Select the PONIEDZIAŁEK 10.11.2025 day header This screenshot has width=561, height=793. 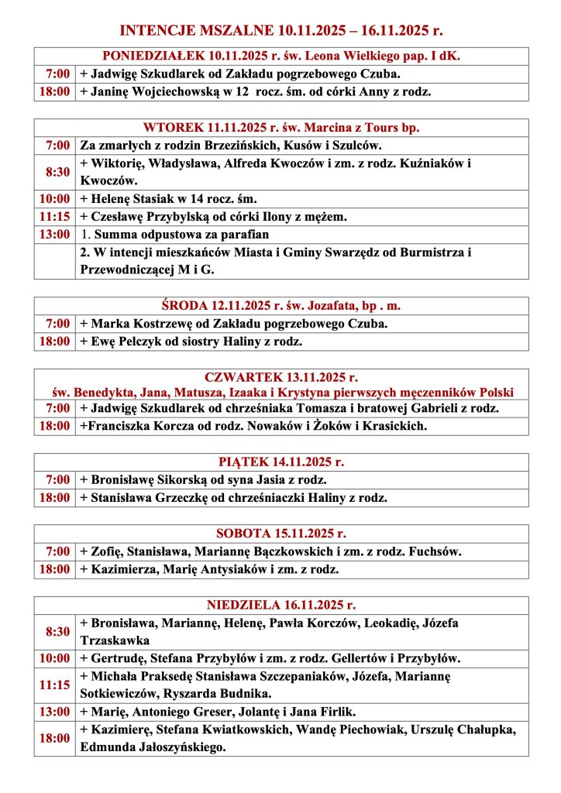(281, 57)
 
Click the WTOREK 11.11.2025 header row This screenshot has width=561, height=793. (281, 128)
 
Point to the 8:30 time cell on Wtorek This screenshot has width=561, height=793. (56, 172)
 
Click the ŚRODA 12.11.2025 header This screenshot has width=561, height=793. (281, 306)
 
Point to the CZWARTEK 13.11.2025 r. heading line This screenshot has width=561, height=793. (281, 378)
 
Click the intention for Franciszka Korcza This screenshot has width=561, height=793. (253, 426)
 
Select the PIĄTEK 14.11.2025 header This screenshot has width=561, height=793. (281, 462)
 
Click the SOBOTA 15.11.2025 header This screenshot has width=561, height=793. (281, 534)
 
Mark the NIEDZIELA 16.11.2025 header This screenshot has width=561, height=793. (281, 606)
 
